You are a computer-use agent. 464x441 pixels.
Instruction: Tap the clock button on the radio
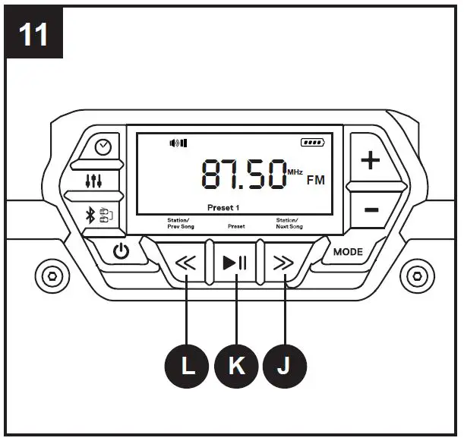(102, 148)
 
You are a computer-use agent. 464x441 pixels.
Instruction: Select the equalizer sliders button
(95, 181)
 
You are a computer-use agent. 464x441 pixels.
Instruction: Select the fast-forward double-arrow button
(283, 264)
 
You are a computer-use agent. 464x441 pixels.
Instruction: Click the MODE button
(348, 252)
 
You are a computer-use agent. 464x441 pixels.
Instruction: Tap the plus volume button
(370, 161)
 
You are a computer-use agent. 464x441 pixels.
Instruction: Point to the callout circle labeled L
(188, 367)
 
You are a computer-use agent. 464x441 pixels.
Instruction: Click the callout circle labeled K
(236, 367)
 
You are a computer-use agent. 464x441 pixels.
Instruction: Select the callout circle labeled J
(284, 367)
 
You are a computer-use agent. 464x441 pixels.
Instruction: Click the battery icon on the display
(312, 141)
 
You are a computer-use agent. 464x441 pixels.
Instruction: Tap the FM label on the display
(315, 181)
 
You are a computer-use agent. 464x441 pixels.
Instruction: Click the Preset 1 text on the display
(223, 207)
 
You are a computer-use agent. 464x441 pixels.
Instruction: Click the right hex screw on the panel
(415, 274)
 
